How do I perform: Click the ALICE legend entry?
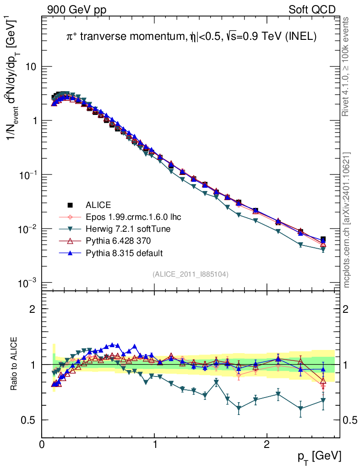click(x=98, y=205)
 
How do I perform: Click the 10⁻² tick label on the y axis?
click(x=28, y=229)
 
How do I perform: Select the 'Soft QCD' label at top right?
click(x=312, y=10)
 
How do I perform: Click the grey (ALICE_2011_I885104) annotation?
click(x=191, y=274)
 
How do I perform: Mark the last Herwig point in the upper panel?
click(x=323, y=250)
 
